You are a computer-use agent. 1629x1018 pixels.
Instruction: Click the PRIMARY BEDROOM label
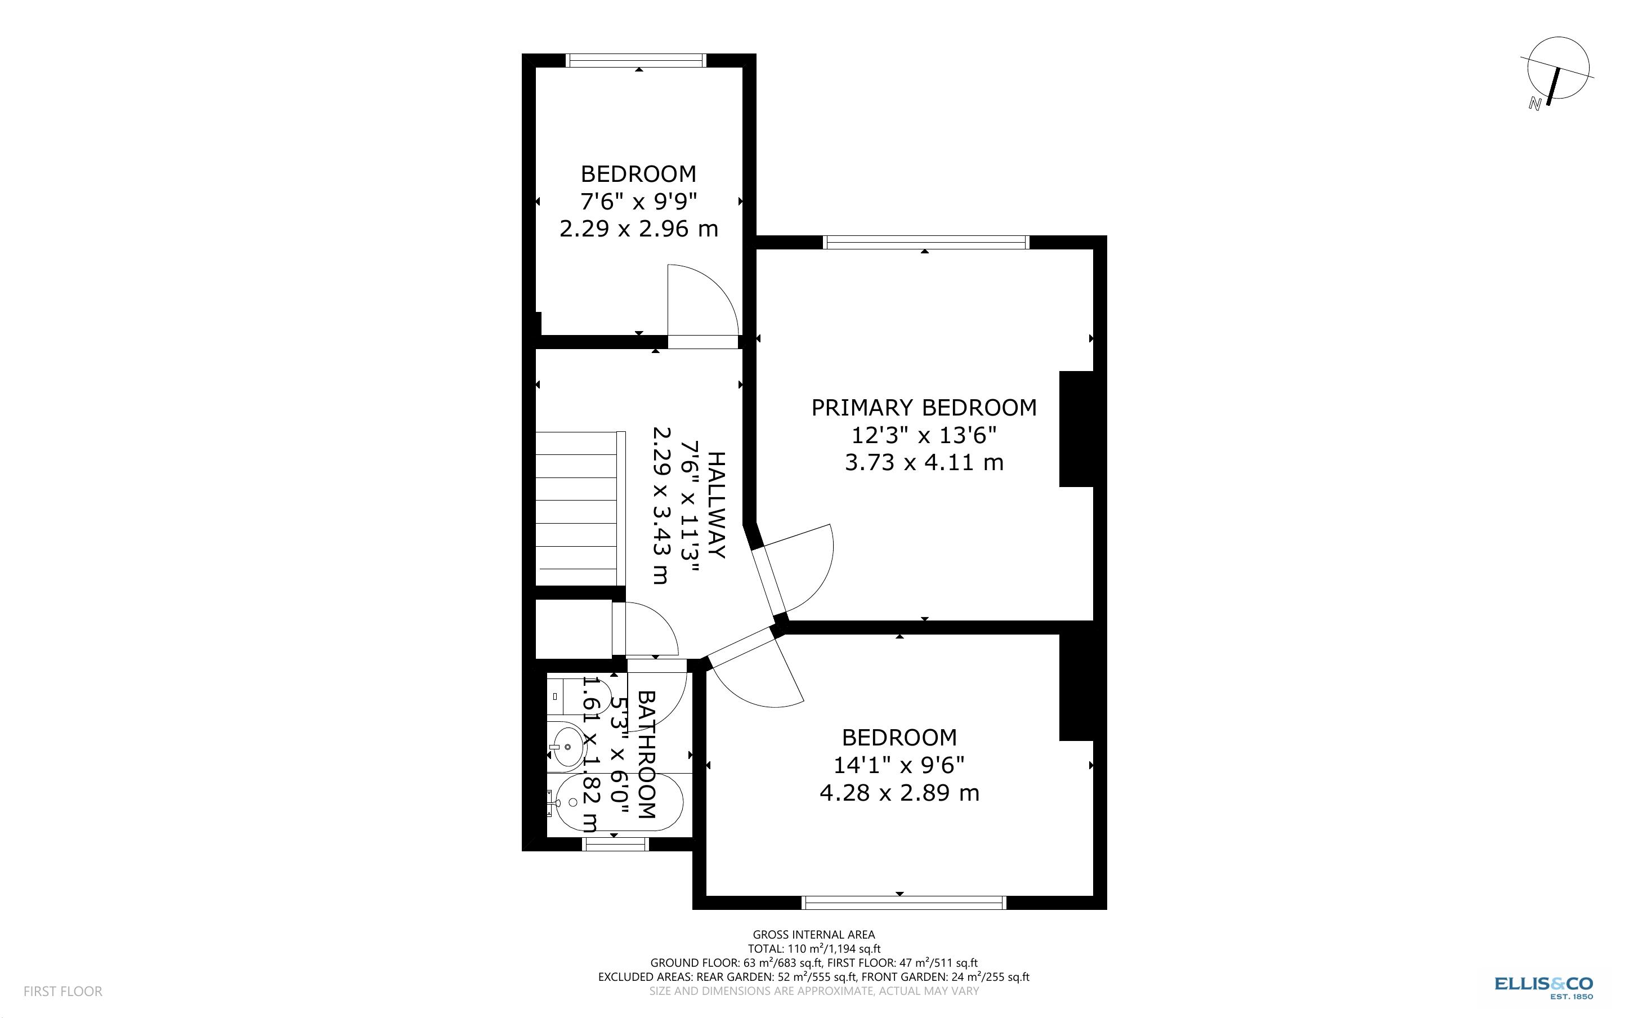pos(924,408)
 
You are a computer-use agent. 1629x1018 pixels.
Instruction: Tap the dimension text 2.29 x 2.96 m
pos(638,229)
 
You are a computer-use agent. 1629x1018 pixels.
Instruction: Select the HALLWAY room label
pos(717,505)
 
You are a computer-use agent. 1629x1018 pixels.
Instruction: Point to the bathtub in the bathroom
pos(616,802)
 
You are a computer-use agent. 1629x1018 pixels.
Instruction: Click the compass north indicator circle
pos(1558,68)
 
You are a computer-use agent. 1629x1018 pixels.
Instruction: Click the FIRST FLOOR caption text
pos(62,991)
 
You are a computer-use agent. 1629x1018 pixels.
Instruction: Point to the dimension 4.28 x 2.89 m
pos(899,793)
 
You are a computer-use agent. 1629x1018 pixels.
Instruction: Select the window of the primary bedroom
pos(926,242)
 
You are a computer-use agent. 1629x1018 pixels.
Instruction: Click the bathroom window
pos(615,844)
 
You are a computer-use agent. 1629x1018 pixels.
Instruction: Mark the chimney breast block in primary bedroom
pos(1077,429)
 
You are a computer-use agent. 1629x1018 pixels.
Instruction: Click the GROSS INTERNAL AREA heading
pos(813,935)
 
